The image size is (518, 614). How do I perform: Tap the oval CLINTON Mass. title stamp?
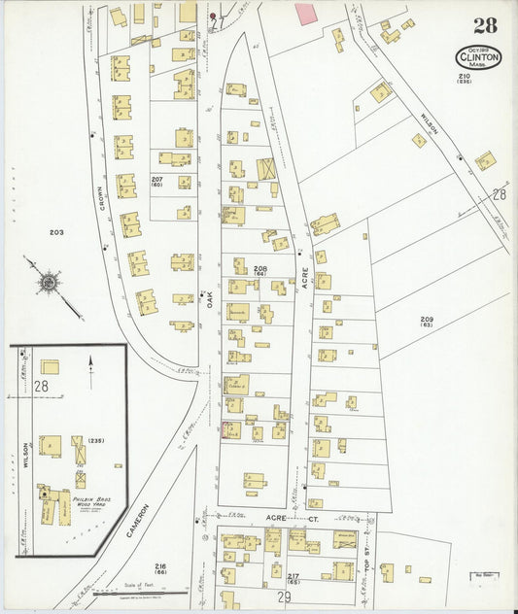[x=478, y=56]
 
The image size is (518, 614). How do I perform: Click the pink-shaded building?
[x=306, y=14]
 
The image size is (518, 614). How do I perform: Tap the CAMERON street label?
[x=143, y=522]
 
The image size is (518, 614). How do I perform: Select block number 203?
[x=55, y=232]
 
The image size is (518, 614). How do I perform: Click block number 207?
[x=156, y=182]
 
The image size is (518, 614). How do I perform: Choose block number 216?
[x=160, y=567]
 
